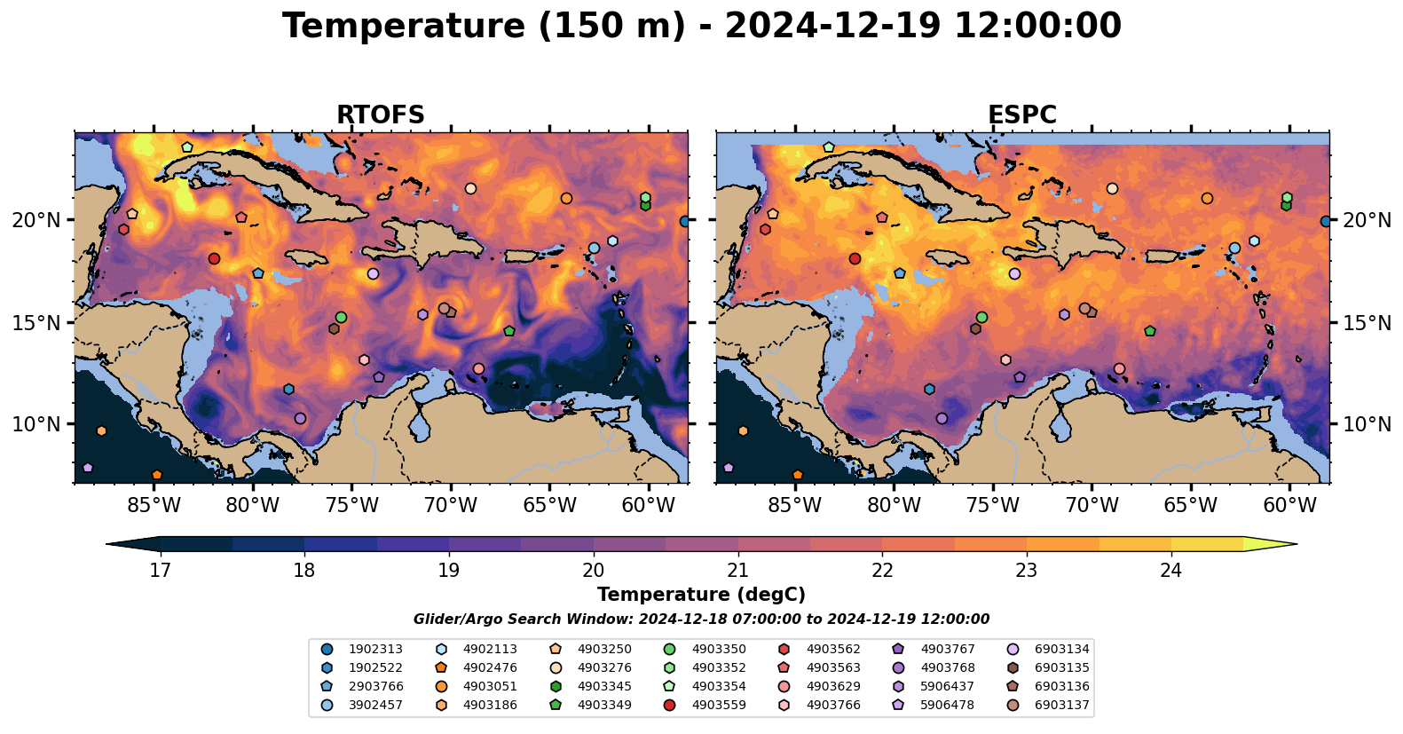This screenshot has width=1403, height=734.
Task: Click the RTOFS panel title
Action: pos(381,114)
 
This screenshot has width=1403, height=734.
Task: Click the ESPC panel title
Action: pos(1022,114)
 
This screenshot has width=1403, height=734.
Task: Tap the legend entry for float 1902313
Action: pos(362,650)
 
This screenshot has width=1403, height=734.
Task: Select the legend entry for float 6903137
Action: pos(1049,706)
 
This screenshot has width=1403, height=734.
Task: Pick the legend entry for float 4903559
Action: pos(705,706)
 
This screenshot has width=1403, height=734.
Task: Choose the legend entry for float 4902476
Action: pos(477,668)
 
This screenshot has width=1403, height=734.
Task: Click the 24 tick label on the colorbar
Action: pos(1170,570)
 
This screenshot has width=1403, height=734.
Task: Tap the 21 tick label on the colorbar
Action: pos(737,570)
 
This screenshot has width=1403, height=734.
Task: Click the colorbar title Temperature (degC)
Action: pos(701,595)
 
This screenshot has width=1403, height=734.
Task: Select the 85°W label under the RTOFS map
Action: pos(154,505)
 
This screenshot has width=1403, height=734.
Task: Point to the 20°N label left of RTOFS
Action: pos(35,220)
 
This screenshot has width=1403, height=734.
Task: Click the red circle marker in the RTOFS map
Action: pos(214,258)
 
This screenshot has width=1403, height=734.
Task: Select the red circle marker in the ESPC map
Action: pos(855,258)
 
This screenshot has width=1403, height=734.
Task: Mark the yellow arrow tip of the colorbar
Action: pos(1297,544)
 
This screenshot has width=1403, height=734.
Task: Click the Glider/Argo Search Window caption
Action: pos(701,620)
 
